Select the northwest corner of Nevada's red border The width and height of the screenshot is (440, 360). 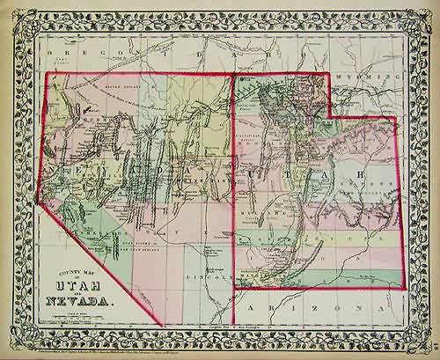click(x=46, y=73)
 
